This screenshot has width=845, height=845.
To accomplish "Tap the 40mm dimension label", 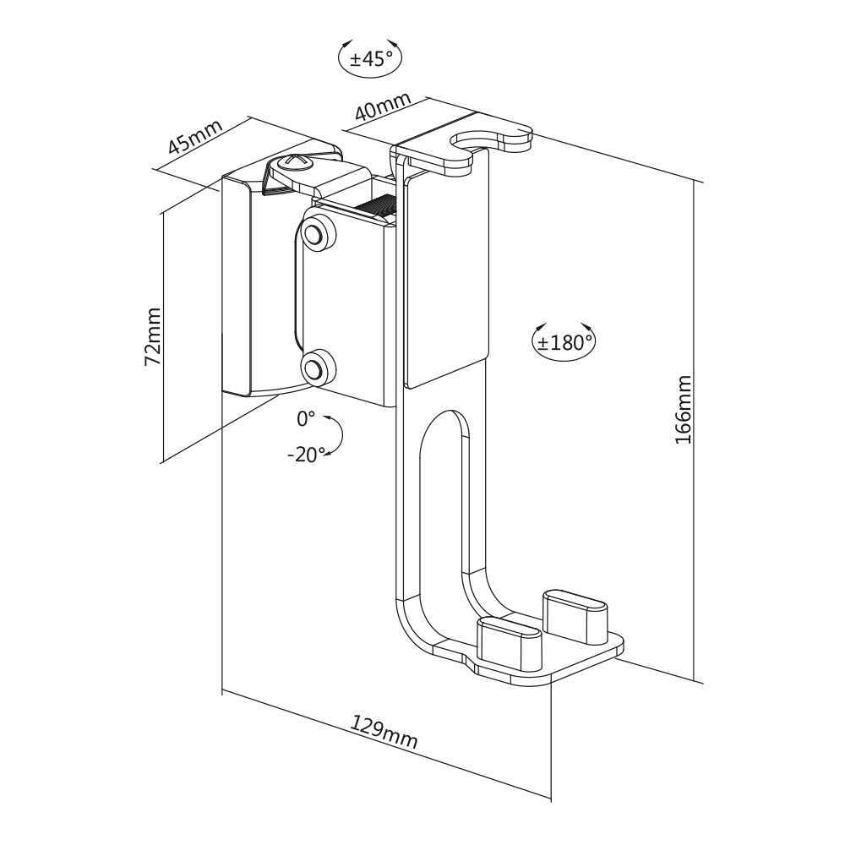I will [382, 106].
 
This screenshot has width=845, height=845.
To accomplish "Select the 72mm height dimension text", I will [153, 335].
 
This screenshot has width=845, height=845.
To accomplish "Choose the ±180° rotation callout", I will [564, 341].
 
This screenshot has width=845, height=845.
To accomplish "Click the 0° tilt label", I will [305, 418].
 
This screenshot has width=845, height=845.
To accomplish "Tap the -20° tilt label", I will [305, 455].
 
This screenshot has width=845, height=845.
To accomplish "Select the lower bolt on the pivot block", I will [315, 368].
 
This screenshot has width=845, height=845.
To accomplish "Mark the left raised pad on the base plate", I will [509, 638].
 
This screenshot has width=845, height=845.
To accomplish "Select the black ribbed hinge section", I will [378, 205].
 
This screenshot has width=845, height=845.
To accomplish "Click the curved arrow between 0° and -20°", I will [337, 436].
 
